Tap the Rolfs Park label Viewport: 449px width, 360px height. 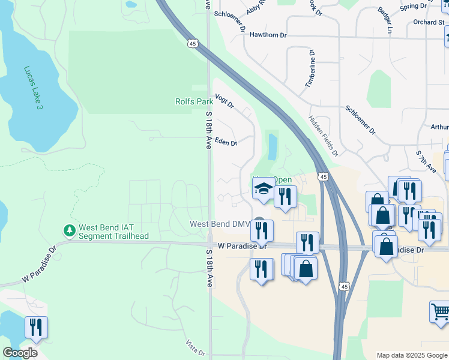193,101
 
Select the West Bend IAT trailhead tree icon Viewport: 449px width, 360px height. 70,230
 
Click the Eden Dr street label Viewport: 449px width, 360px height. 226,143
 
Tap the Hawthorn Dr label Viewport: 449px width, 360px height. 268,35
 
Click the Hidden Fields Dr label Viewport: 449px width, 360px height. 324,136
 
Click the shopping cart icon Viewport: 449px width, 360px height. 440,312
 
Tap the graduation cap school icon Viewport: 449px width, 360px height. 262,190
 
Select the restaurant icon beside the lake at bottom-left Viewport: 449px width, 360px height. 36,327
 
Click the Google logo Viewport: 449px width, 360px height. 20,353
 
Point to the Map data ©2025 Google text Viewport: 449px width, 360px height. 412,355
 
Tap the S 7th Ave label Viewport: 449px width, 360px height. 426,162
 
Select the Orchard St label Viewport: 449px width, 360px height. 428,22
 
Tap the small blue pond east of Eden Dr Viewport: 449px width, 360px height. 273,146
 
